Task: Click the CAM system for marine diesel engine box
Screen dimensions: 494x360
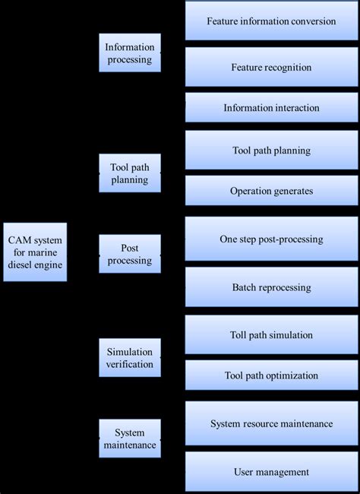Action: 35,252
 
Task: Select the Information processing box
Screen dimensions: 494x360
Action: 130,52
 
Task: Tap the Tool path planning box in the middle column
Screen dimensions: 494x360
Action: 130,174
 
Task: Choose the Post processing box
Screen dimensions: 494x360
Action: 130,254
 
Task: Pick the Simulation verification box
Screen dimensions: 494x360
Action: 130,358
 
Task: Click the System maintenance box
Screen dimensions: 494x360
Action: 130,439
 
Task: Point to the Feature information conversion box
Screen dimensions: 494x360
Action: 271,21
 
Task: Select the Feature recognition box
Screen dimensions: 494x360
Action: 271,67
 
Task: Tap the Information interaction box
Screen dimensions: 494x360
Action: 271,108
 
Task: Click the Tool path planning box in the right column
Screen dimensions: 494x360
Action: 271,150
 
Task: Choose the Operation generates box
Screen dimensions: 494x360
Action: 271,191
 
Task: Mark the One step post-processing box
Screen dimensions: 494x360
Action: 271,239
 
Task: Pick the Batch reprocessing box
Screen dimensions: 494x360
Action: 271,287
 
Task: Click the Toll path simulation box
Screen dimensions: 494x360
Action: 271,335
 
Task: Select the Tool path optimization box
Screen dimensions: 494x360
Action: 271,375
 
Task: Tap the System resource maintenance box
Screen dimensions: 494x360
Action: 271,423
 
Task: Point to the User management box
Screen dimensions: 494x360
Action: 271,472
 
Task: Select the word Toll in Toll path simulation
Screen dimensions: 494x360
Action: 239,335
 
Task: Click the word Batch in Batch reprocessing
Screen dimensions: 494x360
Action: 245,287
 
